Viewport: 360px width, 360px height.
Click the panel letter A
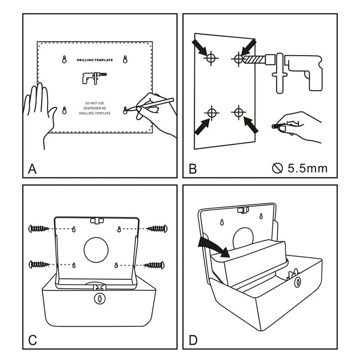coord(32,169)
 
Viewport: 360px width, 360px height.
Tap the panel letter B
coord(193,169)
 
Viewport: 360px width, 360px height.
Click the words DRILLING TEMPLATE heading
coord(95,60)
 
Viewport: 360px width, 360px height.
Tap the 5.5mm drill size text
coord(307,169)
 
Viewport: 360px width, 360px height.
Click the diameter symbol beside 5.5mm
coord(277,169)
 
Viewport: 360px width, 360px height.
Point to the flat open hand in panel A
coord(41,110)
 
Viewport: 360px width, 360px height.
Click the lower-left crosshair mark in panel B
coord(211,112)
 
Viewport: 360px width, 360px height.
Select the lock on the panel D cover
coord(297,282)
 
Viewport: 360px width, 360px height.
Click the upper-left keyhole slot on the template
coord(64,59)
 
